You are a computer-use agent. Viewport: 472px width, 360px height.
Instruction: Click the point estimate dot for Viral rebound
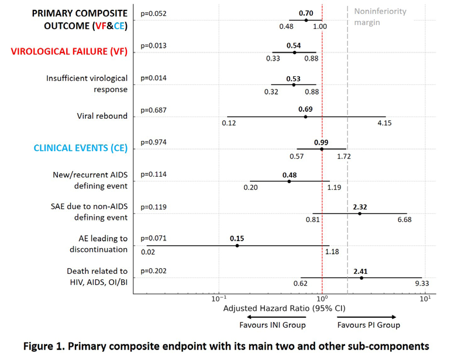coord(305,116)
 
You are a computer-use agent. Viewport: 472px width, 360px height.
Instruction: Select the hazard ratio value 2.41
coord(360,271)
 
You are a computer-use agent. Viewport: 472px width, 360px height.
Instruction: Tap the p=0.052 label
coord(153,14)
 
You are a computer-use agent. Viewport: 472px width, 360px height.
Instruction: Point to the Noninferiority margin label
coord(380,17)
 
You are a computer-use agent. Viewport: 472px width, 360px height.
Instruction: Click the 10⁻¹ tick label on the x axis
coord(219,299)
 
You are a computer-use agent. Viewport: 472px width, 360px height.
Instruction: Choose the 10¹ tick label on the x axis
coord(425,299)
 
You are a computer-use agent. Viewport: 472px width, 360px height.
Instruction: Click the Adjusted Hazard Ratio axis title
coord(284,308)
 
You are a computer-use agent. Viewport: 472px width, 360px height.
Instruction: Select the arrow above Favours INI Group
coord(276,317)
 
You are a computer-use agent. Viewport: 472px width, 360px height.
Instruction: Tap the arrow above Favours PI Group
coord(366,317)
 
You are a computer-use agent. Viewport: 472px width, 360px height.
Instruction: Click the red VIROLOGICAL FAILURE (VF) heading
coord(69,52)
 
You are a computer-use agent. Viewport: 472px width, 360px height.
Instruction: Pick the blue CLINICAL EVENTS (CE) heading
coord(80,148)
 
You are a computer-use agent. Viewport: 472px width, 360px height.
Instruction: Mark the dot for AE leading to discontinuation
coord(237,245)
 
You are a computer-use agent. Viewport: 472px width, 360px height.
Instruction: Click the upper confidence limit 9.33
coord(422,283)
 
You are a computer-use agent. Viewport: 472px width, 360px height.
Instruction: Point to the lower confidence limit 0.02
coord(148,252)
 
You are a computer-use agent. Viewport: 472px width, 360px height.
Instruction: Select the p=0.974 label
coord(153,142)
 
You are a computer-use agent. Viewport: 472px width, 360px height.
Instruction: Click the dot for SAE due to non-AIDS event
coord(360,214)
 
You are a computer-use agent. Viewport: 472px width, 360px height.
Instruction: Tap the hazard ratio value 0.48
coord(290,175)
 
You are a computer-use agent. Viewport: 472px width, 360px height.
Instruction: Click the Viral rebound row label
coord(102,116)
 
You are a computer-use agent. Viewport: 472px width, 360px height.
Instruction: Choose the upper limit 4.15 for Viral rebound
coord(384,123)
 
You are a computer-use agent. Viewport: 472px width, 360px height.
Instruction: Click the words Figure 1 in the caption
coord(44,347)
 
